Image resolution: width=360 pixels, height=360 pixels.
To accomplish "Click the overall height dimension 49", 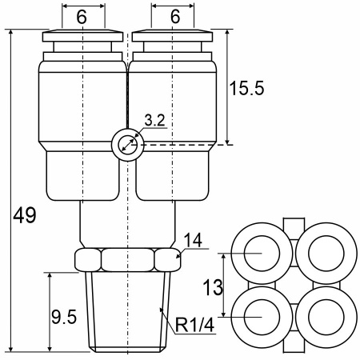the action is click(x=25, y=215).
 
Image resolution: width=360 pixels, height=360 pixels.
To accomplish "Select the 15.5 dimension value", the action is click(x=246, y=88).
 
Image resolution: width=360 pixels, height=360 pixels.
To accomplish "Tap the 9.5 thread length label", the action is click(x=64, y=317).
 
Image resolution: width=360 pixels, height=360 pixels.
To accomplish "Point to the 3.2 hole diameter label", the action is click(x=155, y=120).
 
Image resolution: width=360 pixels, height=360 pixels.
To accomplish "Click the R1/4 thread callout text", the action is click(x=195, y=325).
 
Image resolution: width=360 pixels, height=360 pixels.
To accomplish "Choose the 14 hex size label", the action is click(x=193, y=240).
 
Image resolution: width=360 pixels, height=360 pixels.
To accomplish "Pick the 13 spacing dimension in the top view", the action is click(x=213, y=287).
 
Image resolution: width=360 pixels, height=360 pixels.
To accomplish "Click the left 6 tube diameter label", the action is click(x=82, y=17).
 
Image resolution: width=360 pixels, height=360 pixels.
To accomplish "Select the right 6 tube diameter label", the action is click(x=175, y=17).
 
